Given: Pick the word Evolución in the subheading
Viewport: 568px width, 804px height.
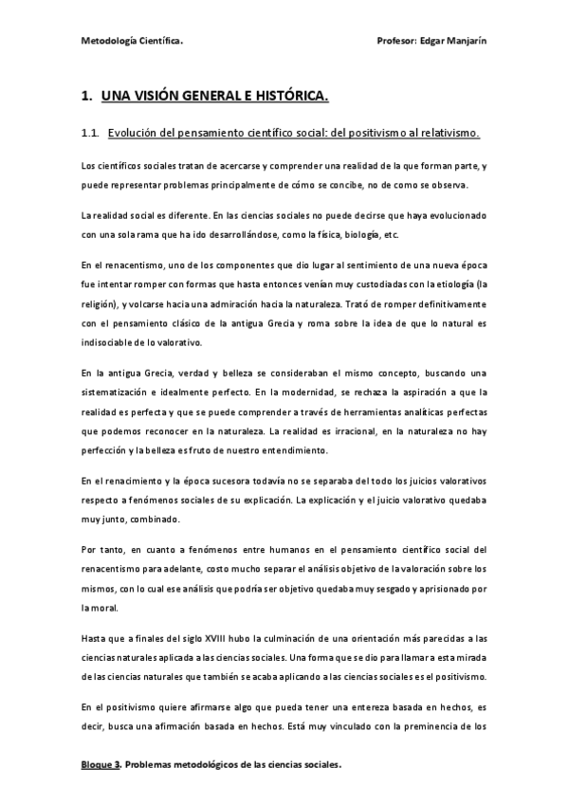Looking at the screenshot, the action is (136, 133).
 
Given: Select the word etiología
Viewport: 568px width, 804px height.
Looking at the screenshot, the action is (449, 283).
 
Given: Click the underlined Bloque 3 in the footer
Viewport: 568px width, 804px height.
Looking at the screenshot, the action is (101, 764).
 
